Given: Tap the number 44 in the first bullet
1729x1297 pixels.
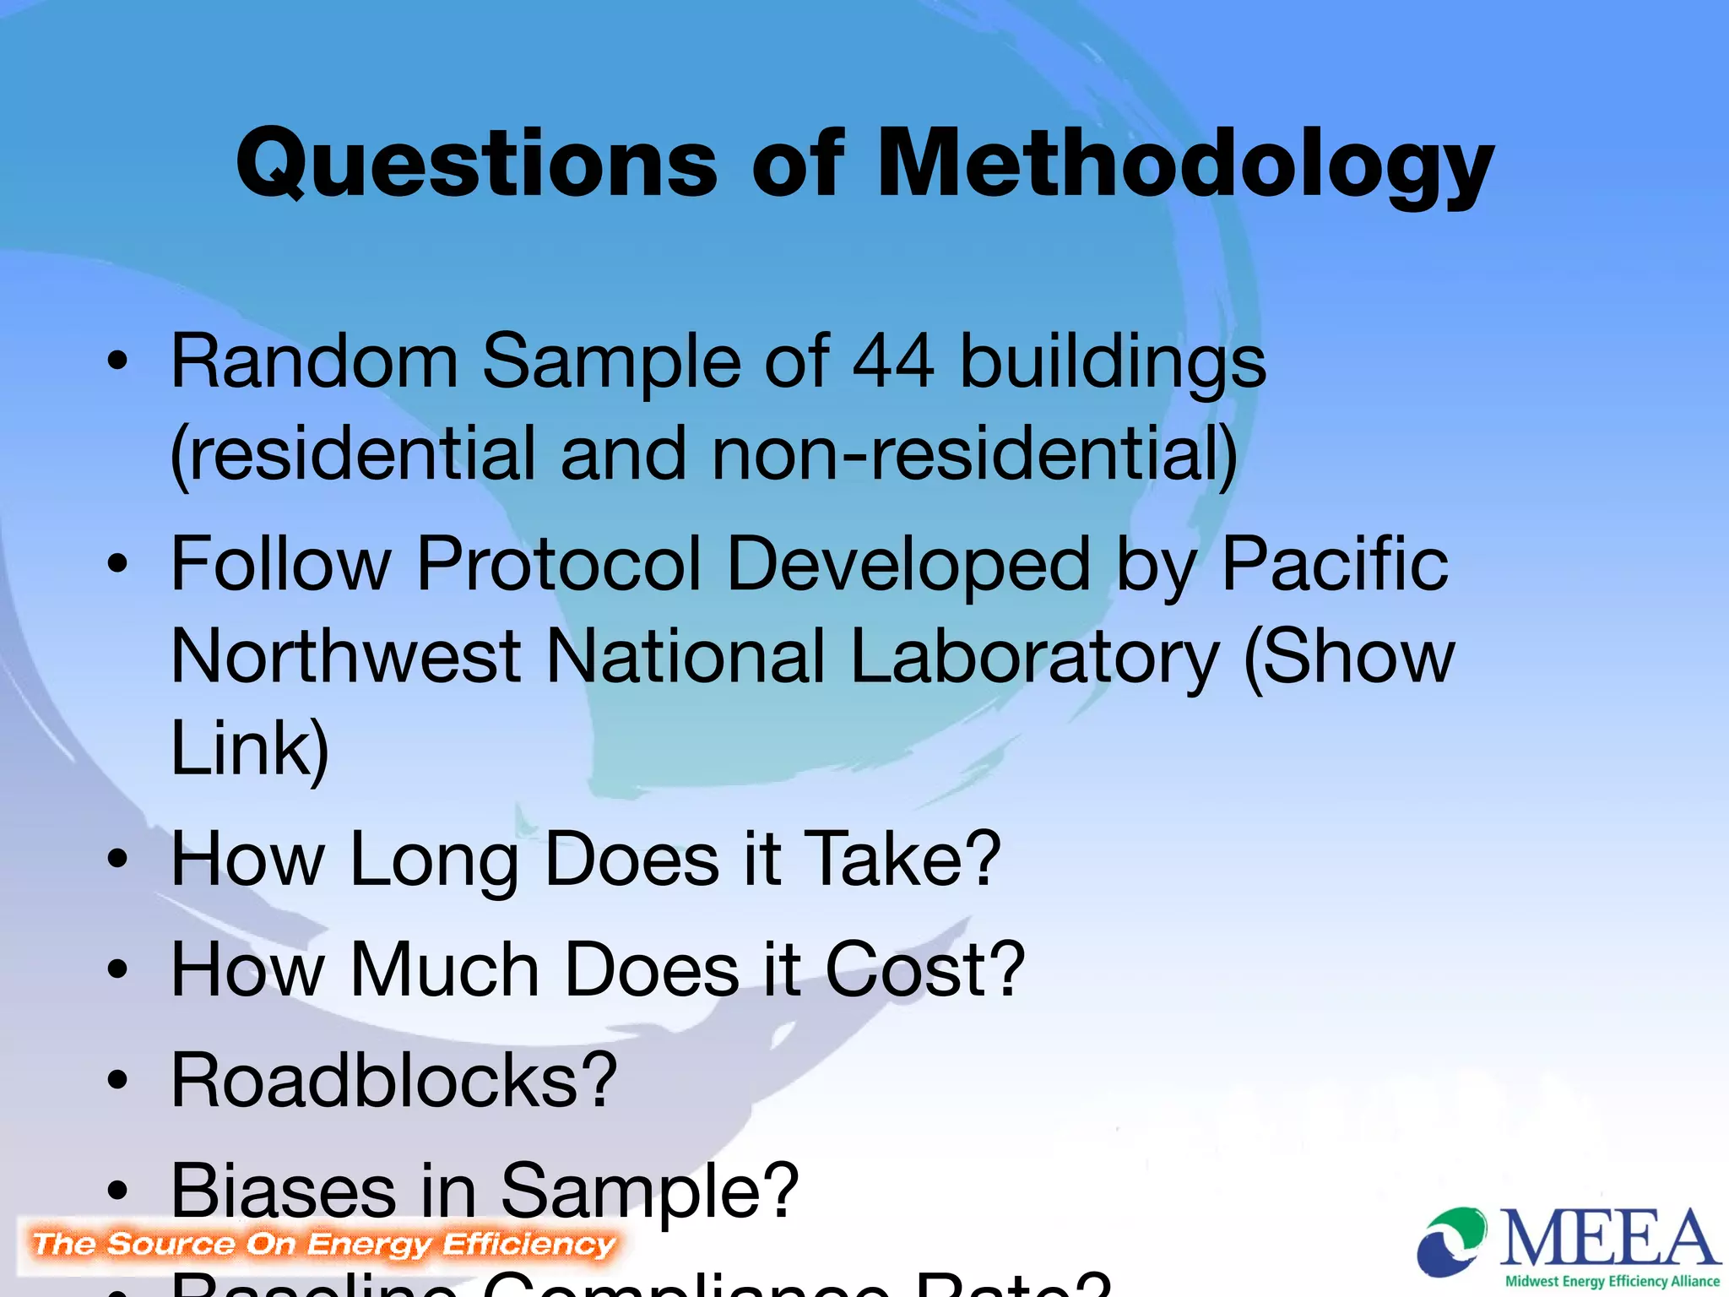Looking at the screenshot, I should coord(893,361).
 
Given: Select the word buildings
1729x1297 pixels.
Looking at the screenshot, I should coord(1113,361).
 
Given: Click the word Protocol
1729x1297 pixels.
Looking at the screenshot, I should coord(559,564).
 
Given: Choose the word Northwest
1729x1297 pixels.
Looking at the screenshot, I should coord(346,657).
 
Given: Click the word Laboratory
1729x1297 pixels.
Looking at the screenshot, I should coord(1035,657).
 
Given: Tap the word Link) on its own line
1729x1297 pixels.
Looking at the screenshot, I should coord(250,748).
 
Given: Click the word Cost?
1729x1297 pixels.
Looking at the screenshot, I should coord(924,969).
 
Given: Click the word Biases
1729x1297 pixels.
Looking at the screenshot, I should coord(284,1191).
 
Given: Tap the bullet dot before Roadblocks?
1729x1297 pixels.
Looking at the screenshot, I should coord(117,1081).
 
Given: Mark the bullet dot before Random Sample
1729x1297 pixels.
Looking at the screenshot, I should coord(117,361).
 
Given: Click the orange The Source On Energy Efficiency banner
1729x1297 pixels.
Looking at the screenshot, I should coord(323,1245).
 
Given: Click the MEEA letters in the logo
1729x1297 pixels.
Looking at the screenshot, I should coord(1609,1238).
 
